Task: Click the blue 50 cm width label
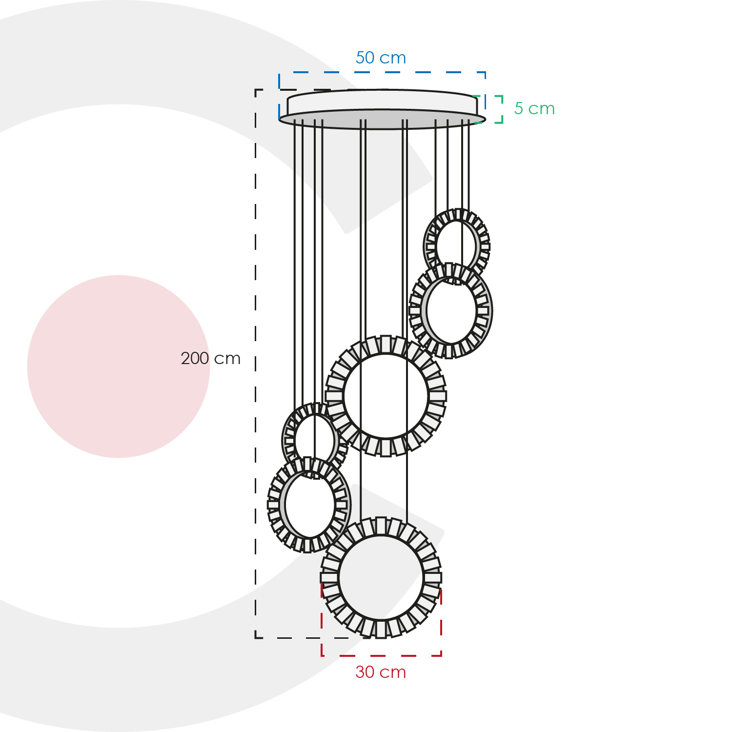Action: pyautogui.click(x=381, y=58)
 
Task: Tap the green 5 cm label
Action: pyautogui.click(x=534, y=108)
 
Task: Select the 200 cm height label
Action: pyautogui.click(x=210, y=358)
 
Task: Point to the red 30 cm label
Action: pyautogui.click(x=381, y=672)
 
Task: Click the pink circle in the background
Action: pyautogui.click(x=119, y=366)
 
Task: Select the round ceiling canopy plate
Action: pyautogui.click(x=382, y=109)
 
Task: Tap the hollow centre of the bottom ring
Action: pyautogui.click(x=381, y=578)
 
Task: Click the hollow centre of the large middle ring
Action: pyautogui.click(x=386, y=396)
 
